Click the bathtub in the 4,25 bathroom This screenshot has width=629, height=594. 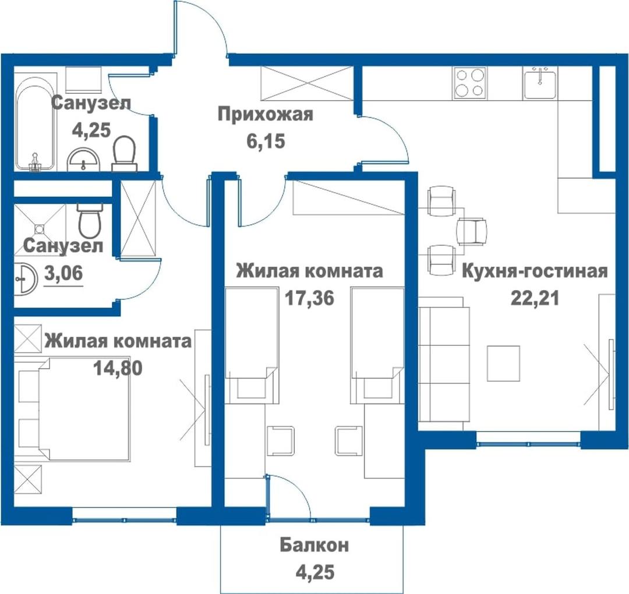[x=35, y=121]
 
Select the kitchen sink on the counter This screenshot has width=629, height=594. [x=540, y=83]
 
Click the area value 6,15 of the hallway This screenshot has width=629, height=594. [x=266, y=141]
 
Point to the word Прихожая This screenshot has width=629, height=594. [x=265, y=115]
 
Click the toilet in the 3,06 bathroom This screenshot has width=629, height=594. [x=90, y=220]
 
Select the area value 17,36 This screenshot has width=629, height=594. [x=309, y=298]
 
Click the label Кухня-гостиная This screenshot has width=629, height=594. [x=535, y=271]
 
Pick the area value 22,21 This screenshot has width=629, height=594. [x=535, y=298]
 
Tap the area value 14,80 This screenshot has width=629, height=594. [x=118, y=368]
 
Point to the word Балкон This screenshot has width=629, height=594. [x=314, y=545]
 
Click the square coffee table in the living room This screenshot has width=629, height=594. [x=503, y=363]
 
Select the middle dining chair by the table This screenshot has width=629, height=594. [x=472, y=231]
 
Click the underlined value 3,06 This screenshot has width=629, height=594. [x=63, y=274]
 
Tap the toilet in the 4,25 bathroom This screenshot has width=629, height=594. [x=124, y=154]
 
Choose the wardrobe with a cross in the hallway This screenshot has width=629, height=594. [x=307, y=83]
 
